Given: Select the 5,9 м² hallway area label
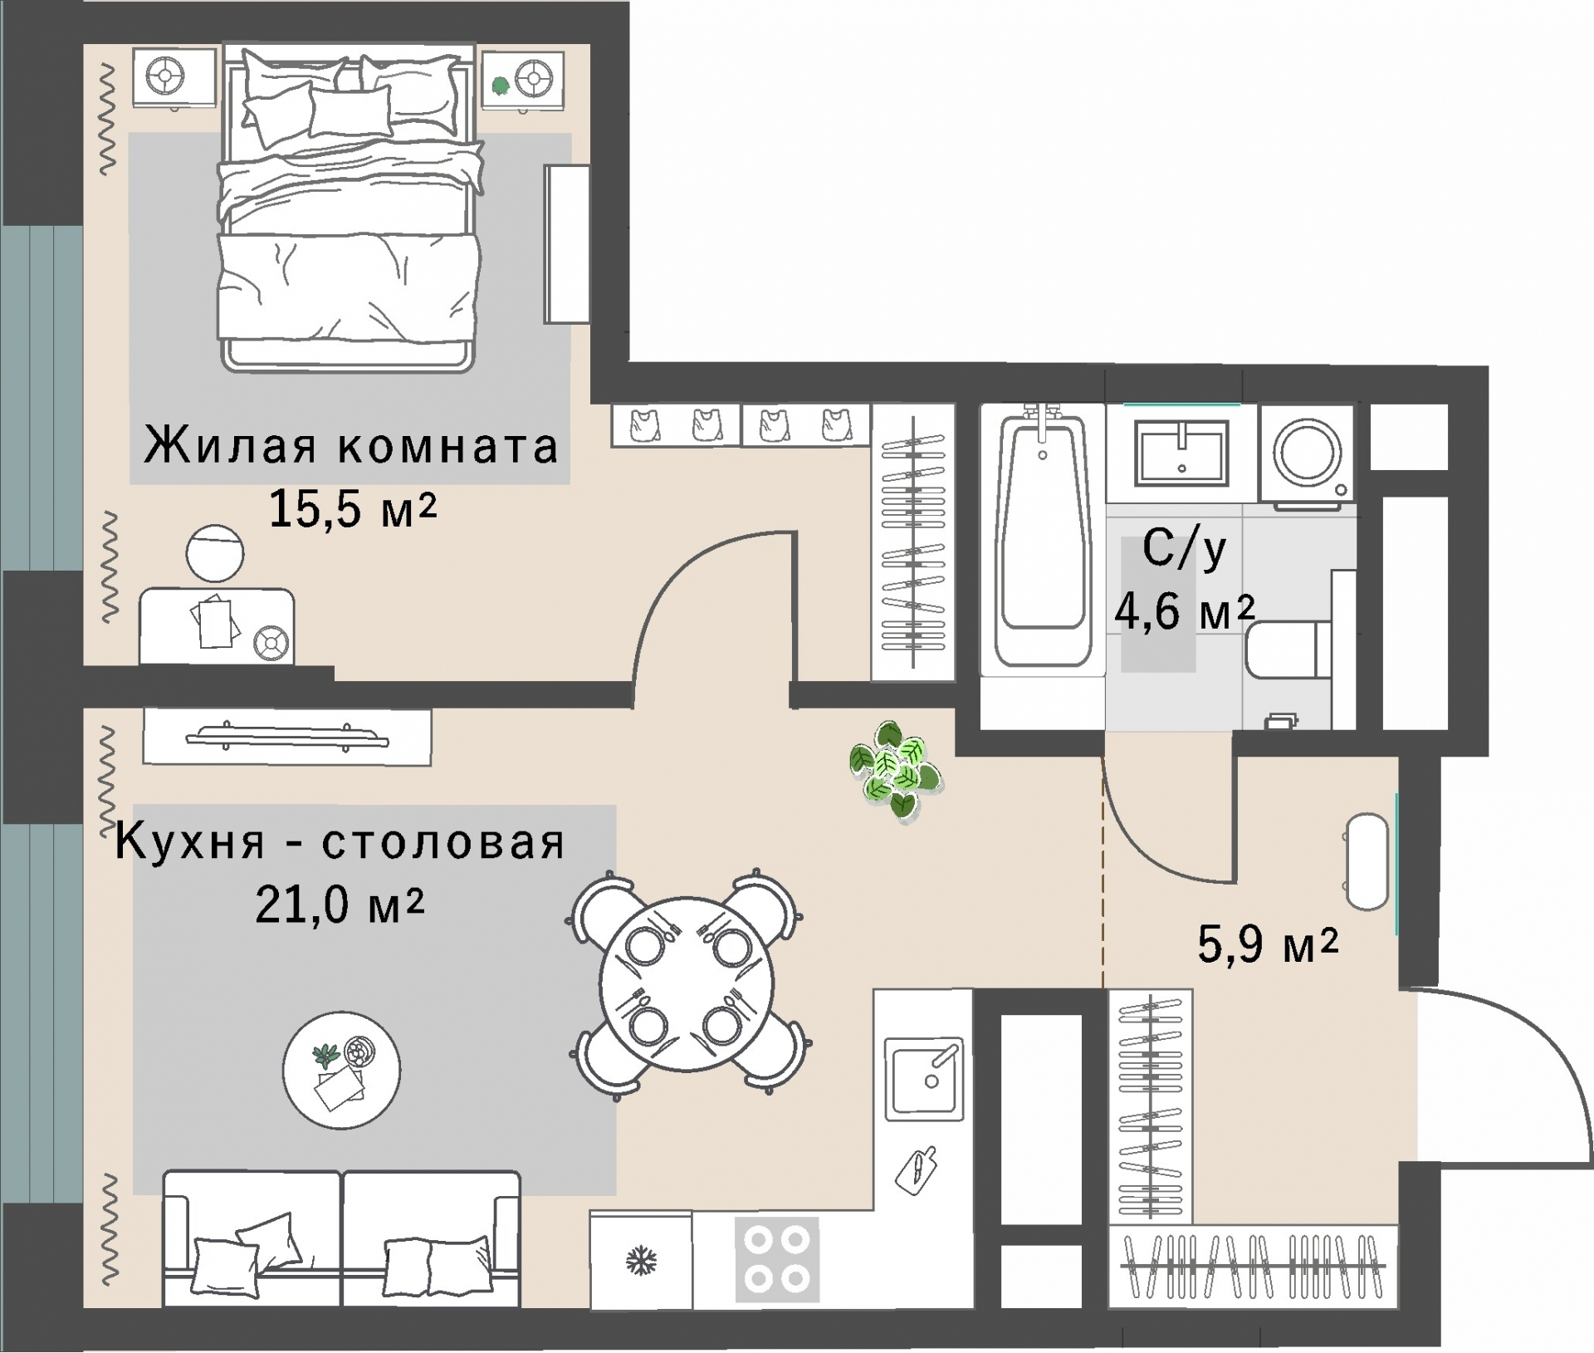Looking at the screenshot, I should coord(1267,944).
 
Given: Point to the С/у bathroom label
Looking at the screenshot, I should coord(1184,548).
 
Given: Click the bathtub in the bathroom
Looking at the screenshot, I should coord(1043,540).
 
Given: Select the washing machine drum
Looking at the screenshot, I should coord(1308,453).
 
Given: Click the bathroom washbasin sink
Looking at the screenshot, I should coord(1181,453).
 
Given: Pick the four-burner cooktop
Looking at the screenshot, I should coord(777,1259).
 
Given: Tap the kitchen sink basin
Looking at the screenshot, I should coord(924,1077).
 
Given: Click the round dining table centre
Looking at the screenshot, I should coord(686,984).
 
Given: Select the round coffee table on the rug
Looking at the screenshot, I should coord(341,1070).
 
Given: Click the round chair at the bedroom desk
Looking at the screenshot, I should coord(215,553).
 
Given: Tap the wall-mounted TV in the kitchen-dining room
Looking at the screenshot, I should coord(286,737).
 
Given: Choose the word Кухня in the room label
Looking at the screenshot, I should coord(189,841).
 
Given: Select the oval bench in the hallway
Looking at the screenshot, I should coord(1367,862).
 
